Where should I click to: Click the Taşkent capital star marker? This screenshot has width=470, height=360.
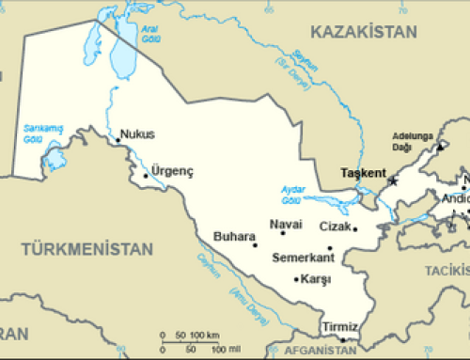pos(393,180)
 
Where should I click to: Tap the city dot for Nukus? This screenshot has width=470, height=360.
pos(117,142)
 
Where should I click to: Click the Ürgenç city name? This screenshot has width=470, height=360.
pos(173,171)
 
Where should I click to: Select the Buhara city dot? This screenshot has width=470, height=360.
pos(255,245)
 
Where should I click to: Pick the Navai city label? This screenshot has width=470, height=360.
pos(286,224)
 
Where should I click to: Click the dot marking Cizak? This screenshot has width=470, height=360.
pos(354,227)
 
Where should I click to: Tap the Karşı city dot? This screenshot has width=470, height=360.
pos(297,278)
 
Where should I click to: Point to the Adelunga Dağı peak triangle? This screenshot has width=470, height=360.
pos(438,147)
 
